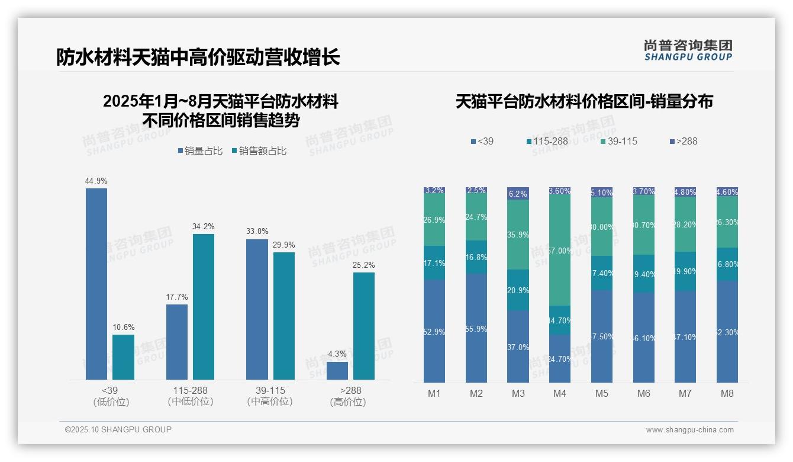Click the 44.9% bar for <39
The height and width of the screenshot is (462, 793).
pos(96,284)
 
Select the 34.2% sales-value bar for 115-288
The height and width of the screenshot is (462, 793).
pos(204,306)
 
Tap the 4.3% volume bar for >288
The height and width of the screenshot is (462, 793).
pos(337,370)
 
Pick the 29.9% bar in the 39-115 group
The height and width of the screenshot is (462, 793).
pos(284,316)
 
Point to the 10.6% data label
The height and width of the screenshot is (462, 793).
pos(123,327)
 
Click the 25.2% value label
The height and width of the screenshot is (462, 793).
pos(363,265)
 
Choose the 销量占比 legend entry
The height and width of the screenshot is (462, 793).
pos(200,151)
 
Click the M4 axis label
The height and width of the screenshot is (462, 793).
pos(560,393)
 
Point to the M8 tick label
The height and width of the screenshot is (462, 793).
pos(727,393)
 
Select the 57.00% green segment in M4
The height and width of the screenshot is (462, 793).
pos(560,250)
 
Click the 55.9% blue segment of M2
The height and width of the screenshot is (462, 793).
pos(476,328)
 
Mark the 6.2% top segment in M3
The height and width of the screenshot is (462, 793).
pos(518,194)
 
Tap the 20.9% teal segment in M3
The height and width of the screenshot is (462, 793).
pos(518,290)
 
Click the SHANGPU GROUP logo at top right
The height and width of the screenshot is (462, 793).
pos(688,50)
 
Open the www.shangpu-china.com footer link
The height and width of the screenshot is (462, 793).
pos(689,430)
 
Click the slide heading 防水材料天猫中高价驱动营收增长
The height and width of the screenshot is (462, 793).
pos(198,57)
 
